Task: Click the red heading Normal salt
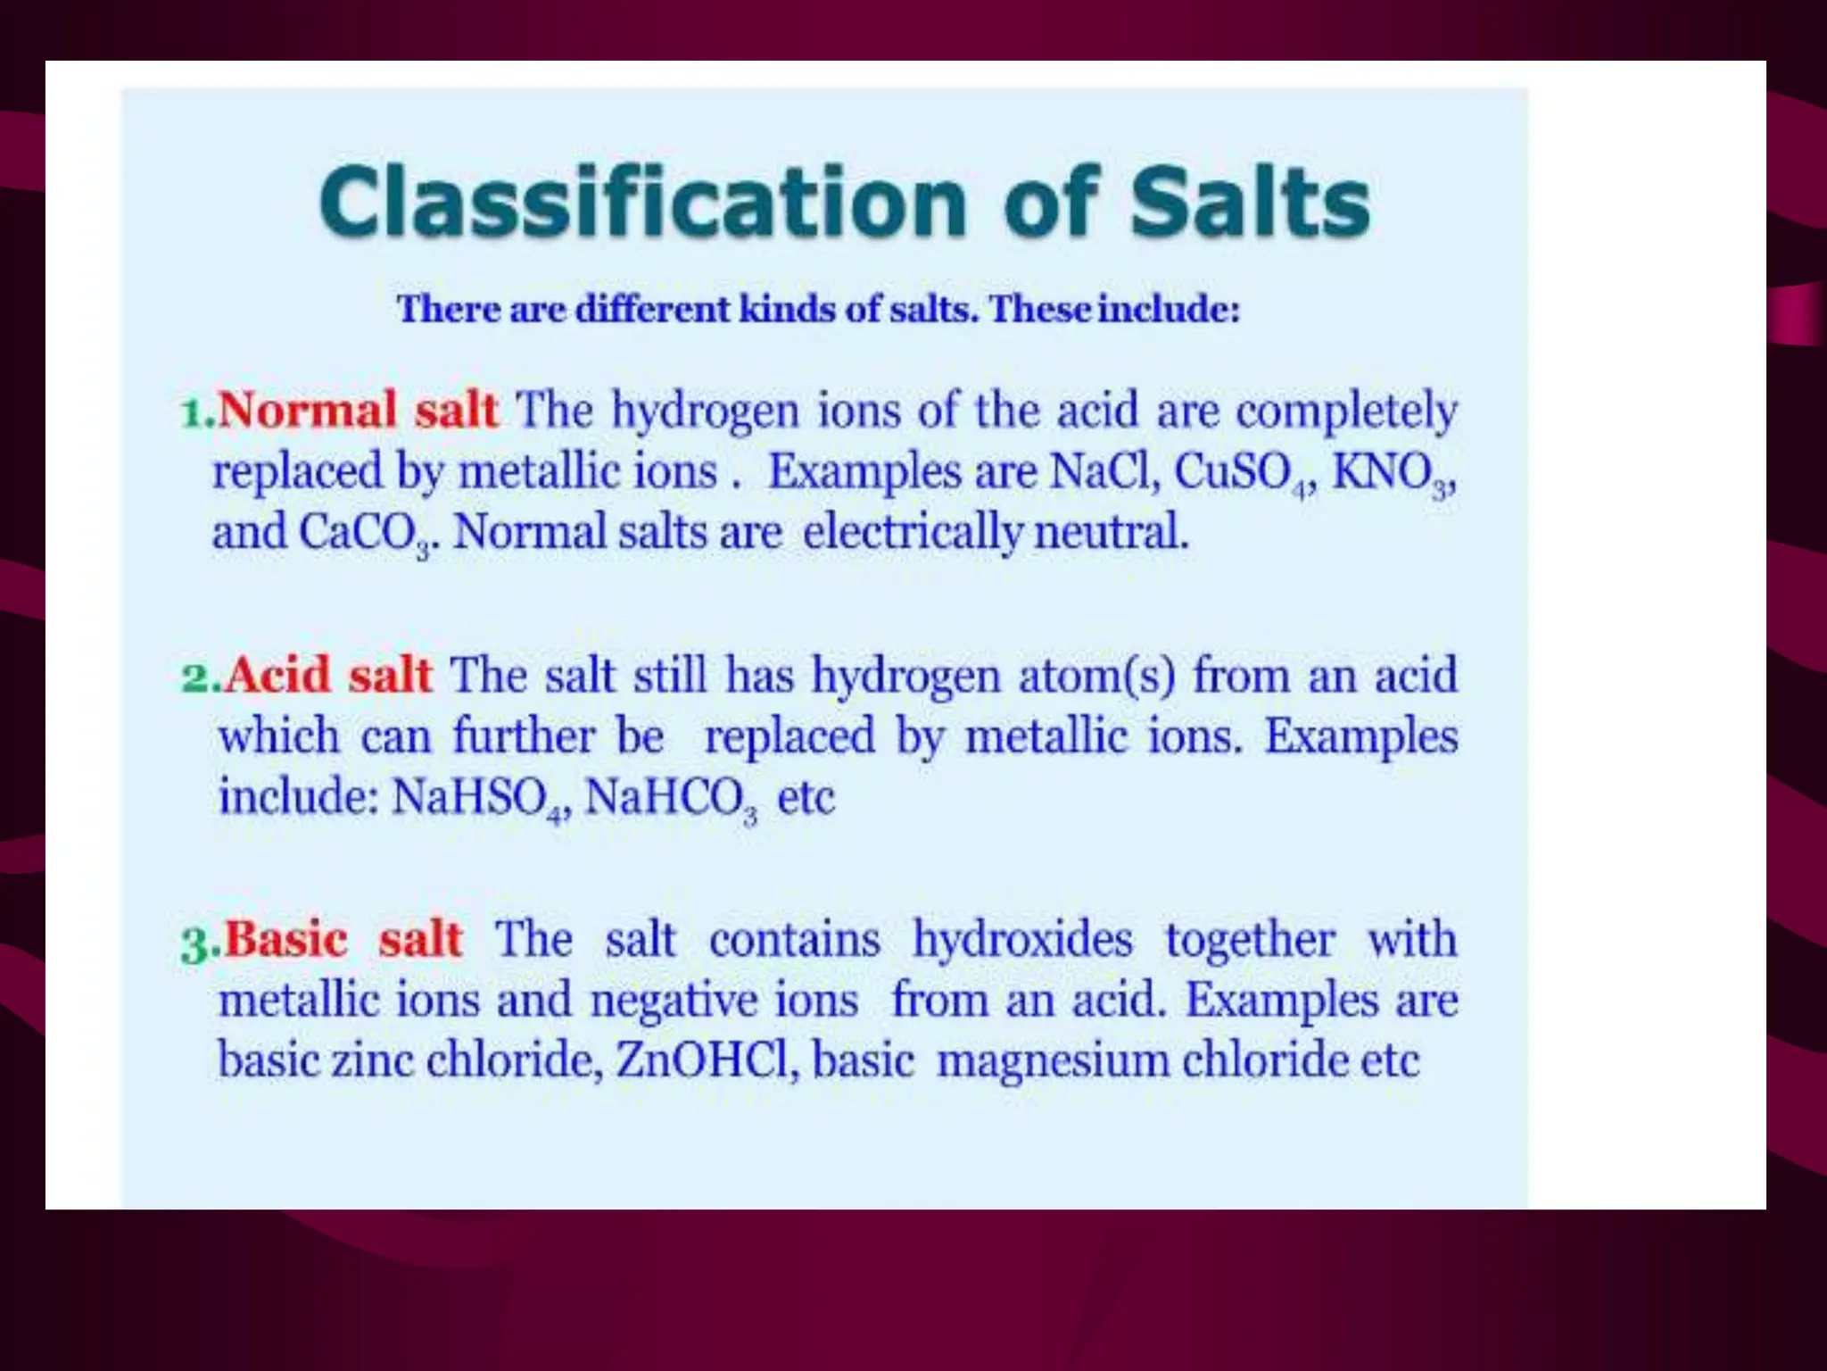[357, 411]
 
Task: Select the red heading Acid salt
[327, 676]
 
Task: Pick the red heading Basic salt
[343, 940]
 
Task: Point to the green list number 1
[193, 413]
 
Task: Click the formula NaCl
[1104, 471]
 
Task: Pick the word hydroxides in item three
[1022, 940]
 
